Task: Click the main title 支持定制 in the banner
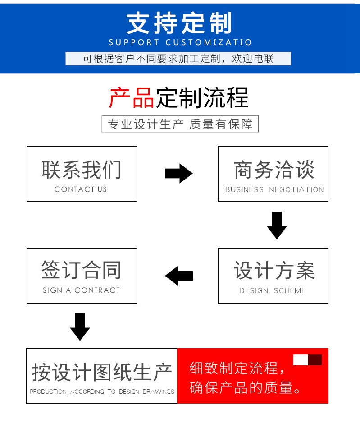179,23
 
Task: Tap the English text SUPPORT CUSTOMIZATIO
180,42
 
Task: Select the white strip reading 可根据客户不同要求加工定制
178,59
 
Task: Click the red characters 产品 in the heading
132,97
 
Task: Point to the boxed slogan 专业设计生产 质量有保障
180,124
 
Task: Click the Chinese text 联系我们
81,170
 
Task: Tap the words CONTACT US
81,189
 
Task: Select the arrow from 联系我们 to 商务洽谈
178,173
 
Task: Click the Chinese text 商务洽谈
274,170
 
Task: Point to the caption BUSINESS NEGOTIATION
274,189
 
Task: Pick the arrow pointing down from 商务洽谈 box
277,225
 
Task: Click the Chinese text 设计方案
274,270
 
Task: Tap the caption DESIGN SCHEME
272,290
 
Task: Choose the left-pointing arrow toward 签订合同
179,276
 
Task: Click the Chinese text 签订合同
81,270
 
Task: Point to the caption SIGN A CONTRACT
81,290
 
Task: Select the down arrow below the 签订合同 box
80,327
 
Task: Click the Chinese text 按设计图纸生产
102,372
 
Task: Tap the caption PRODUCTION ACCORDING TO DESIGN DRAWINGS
102,392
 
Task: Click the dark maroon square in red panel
314,360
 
